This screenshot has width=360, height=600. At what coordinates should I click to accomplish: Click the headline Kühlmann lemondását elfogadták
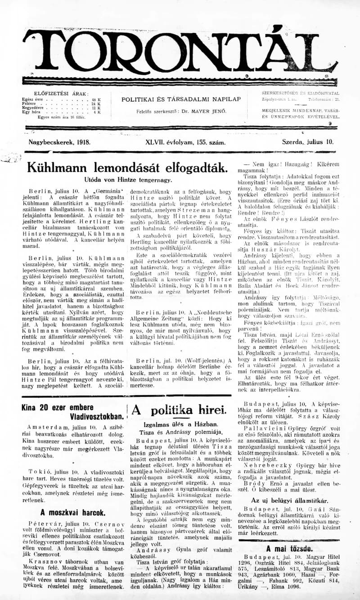tap(127, 167)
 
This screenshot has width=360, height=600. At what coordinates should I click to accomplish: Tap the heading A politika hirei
tap(179, 410)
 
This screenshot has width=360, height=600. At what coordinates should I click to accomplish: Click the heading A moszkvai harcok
tap(72, 512)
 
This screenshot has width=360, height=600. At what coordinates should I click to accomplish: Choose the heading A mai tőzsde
tap(288, 548)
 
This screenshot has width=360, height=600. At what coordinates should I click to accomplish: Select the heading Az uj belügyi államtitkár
tap(289, 501)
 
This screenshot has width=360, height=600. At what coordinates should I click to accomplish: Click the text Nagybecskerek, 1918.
tap(59, 142)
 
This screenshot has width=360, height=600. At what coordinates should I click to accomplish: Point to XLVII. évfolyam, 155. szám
tap(185, 142)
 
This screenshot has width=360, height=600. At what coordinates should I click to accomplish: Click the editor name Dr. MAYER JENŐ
tap(207, 111)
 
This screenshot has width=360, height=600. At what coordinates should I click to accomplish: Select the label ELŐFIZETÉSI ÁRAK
tap(62, 94)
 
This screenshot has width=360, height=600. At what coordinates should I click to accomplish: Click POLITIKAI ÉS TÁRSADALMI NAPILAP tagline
tap(181, 99)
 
